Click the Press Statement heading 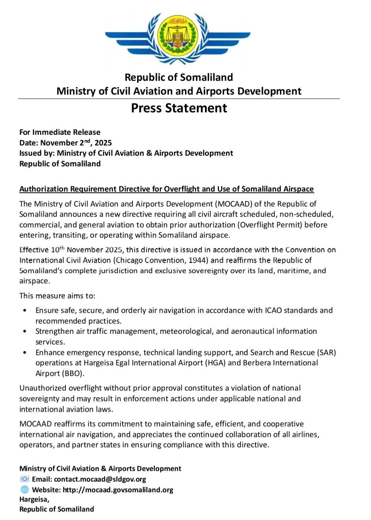179,108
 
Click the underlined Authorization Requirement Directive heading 166,189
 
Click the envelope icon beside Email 24,479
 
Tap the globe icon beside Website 24,490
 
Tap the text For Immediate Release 60,132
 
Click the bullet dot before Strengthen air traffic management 25,332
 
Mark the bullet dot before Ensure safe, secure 25,311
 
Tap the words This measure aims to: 58,296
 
